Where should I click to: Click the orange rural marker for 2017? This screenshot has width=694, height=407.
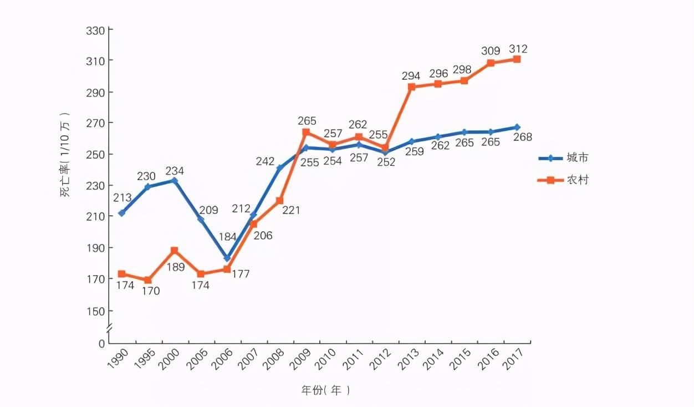pos(517,59)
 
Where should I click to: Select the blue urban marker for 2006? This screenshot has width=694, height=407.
pos(227,258)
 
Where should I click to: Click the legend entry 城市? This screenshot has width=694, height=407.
pos(577,158)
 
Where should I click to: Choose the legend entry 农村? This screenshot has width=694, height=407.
pos(577,180)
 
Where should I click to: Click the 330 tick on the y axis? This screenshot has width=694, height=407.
pos(95,29)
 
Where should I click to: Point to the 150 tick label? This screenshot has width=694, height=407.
pos(95,311)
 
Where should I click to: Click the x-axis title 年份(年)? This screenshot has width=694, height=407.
pos(325,390)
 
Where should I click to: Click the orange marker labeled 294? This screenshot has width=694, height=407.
pos(411,87)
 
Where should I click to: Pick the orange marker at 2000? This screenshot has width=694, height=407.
pos(175,251)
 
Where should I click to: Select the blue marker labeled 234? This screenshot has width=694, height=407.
pos(175,180)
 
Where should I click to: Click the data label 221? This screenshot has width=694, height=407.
pos(290,211)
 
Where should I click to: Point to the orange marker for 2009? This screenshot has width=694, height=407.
pos(306,132)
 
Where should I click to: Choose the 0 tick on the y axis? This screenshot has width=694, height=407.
pos(101,343)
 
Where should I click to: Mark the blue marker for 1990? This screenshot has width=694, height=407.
pos(121,213)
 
